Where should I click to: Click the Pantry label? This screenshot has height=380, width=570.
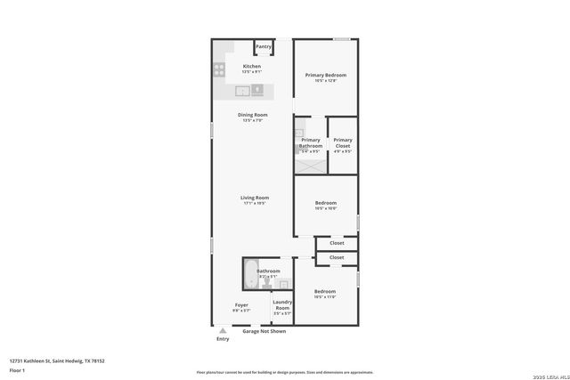pos(264,46)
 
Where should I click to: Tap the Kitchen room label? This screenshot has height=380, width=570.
pos(252,67)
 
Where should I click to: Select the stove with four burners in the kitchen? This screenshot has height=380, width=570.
pos(219,69)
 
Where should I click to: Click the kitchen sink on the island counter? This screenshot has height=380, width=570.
pos(243,90)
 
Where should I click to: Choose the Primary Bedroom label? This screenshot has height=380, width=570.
pos(325,75)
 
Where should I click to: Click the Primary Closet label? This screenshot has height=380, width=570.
pos(343,143)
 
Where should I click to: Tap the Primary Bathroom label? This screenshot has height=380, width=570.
pos(311,143)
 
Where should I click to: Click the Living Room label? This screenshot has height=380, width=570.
pos(255,198)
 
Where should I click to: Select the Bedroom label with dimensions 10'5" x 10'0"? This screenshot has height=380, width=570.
pos(325,203)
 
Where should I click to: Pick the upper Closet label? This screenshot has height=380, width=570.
pos(337,243)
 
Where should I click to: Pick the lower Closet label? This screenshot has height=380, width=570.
pos(337,257)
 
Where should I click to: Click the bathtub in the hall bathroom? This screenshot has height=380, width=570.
pos(248,274)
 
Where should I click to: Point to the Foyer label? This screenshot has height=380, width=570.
pos(241,305)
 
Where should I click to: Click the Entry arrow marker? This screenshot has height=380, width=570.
pos(223,331)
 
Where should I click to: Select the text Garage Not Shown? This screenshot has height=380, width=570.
pos(265,331)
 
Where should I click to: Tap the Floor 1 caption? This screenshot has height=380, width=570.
pos(17,369)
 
